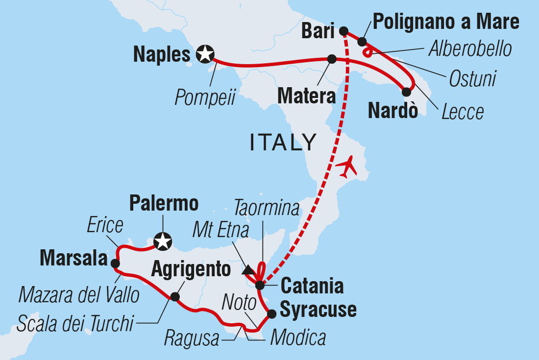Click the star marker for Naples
click(204, 54)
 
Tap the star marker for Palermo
click(162, 241)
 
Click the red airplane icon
click(348, 167)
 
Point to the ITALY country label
click(283, 142)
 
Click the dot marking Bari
click(343, 29)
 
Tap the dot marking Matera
click(332, 59)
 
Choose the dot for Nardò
click(406, 91)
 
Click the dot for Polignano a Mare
click(362, 42)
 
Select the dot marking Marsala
click(115, 264)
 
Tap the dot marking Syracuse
click(271, 313)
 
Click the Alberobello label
click(470, 49)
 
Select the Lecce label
click(463, 112)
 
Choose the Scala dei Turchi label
click(75, 323)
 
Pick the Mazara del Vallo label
click(78, 295)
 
